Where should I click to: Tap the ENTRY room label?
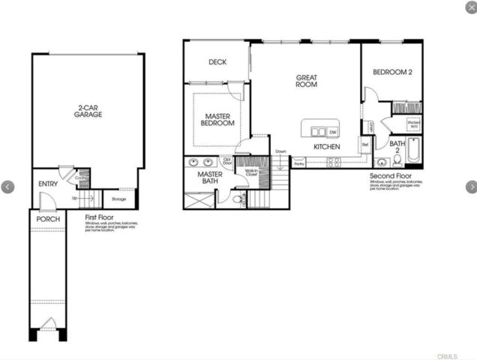coord(48,184)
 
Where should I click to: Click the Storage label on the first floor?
coord(118,199)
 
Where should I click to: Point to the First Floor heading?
coord(100,217)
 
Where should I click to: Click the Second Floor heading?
coord(388,176)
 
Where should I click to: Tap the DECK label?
coord(217,62)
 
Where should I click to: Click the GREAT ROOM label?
coord(306,80)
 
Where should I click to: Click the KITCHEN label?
coord(327,147)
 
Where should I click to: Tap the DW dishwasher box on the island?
coord(332,132)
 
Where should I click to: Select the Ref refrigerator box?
coord(365,144)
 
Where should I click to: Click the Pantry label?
coord(298,162)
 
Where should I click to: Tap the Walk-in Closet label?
coord(252,172)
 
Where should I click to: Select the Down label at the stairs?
coord(280,151)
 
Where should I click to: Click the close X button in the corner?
coord(469,7)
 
